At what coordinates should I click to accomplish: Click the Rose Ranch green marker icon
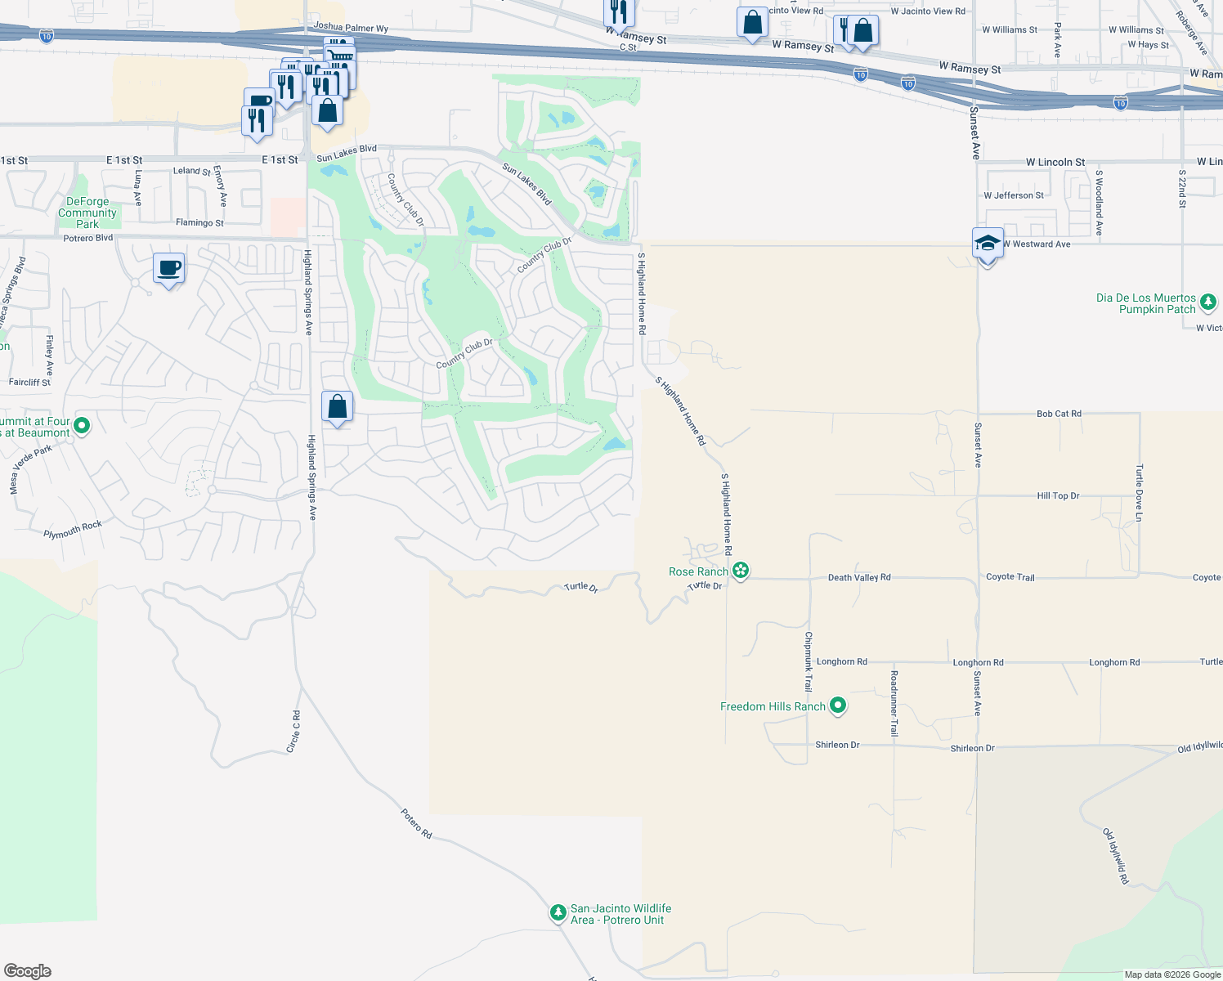[x=741, y=571]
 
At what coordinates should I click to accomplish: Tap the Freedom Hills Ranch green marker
[x=838, y=706]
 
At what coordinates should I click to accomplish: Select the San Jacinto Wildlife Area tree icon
[x=558, y=912]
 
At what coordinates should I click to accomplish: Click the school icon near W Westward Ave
[x=988, y=244]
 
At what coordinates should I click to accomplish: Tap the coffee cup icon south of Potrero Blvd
[x=168, y=268]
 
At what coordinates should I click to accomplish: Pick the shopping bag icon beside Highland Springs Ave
[x=337, y=406]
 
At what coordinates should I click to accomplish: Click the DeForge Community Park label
[x=87, y=213]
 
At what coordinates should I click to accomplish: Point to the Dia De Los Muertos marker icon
[x=1208, y=303]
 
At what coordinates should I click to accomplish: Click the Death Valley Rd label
[x=859, y=577]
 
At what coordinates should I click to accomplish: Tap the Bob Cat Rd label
[x=1059, y=414]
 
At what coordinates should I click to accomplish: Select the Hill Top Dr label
[x=1058, y=495]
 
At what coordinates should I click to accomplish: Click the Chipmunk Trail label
[x=809, y=661]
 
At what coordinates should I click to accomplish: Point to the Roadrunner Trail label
[x=894, y=703]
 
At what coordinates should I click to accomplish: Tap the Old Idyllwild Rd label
[x=1116, y=856]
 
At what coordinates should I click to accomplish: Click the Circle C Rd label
[x=293, y=732]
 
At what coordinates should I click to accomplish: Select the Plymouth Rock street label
[x=73, y=530]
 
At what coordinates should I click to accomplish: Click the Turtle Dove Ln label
[x=1139, y=492]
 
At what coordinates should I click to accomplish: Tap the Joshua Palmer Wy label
[x=351, y=28]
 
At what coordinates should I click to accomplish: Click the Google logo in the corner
[x=28, y=970]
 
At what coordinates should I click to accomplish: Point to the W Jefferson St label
[x=1014, y=195]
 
